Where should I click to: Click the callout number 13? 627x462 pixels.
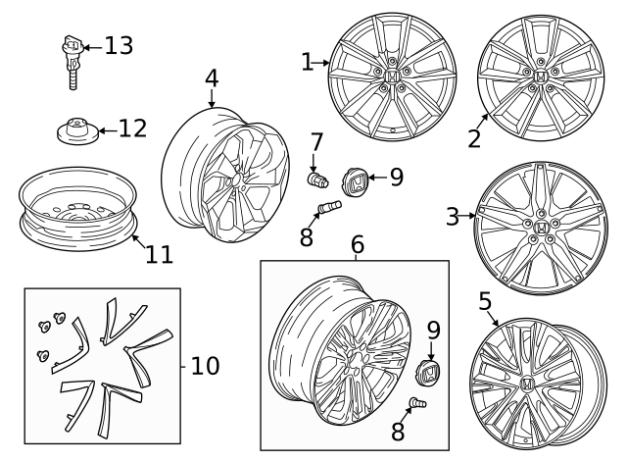point(119,45)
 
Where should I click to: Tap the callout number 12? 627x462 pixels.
point(132,128)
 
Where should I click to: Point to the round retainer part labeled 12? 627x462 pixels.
point(74,129)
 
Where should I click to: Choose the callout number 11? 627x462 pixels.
point(159,254)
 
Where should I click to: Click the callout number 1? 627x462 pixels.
point(307,63)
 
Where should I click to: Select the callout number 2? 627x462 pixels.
point(474,137)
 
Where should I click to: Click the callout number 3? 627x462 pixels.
point(452,217)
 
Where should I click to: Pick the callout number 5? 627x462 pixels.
point(485,301)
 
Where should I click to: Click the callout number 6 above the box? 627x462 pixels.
point(357,243)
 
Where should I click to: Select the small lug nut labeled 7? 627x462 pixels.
point(317,180)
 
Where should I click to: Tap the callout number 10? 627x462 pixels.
point(205,366)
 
